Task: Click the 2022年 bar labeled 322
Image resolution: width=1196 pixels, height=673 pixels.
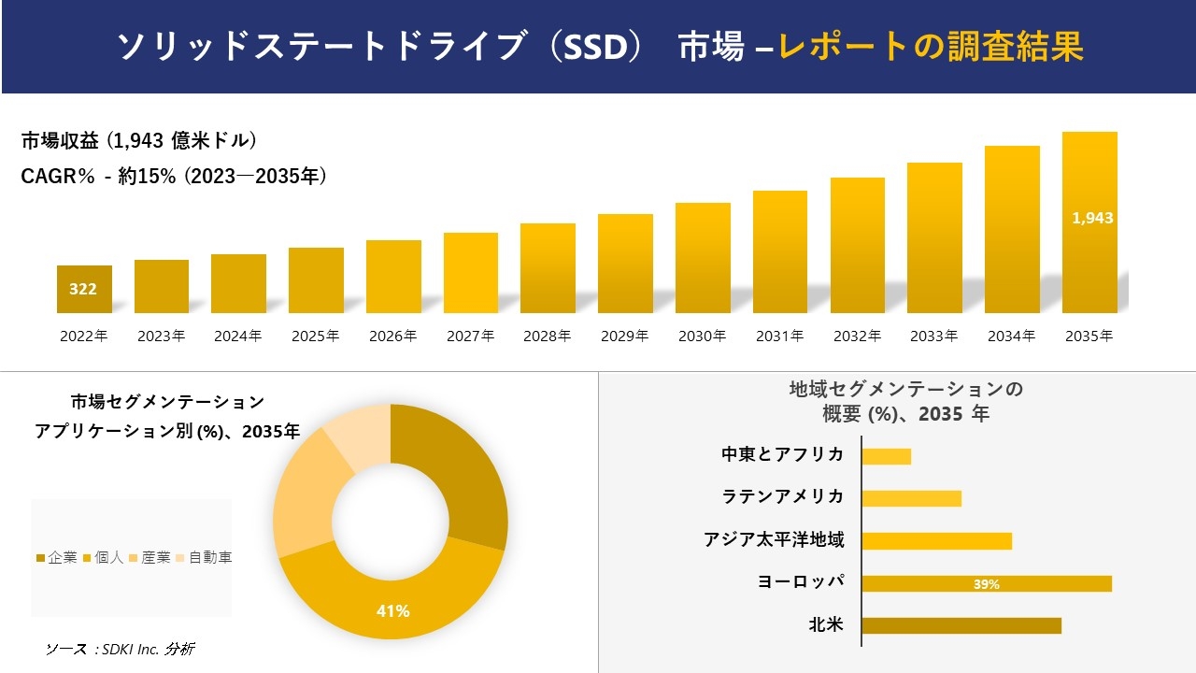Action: click(x=84, y=290)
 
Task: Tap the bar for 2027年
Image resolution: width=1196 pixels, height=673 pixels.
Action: click(x=471, y=273)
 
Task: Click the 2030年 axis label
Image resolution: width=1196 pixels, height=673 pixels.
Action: click(x=703, y=336)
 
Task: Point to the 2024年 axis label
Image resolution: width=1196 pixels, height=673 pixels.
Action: click(x=238, y=336)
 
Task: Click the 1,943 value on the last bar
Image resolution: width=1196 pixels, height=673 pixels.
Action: click(x=1092, y=218)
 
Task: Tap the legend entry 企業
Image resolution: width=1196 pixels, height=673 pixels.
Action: click(x=57, y=558)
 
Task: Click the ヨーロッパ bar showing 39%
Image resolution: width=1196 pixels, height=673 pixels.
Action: click(x=987, y=583)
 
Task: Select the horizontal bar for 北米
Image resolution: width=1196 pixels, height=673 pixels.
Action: click(x=961, y=625)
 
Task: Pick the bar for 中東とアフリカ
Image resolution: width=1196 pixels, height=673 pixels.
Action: click(x=886, y=456)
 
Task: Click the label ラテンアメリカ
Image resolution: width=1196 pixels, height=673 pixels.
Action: click(x=783, y=496)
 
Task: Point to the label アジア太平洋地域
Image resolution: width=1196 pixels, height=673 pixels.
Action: click(x=774, y=539)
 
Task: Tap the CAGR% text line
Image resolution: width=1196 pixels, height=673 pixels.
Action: click(x=174, y=176)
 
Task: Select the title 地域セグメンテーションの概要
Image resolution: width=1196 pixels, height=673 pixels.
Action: click(x=905, y=401)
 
